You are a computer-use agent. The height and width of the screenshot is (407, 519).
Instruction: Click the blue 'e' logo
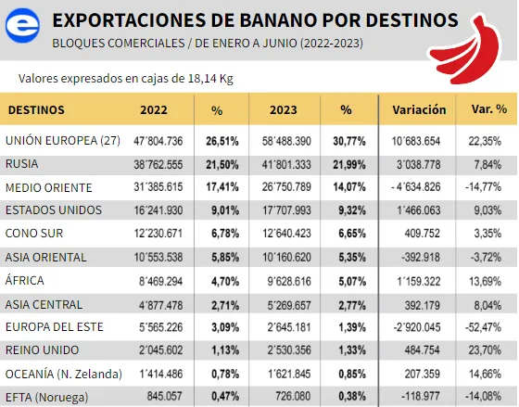[x=22, y=25]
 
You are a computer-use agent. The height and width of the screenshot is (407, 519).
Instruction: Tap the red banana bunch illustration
[x=466, y=49]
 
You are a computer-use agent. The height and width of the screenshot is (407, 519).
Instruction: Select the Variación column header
[x=419, y=109]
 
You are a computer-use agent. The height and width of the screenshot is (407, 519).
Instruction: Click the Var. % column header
[x=489, y=109]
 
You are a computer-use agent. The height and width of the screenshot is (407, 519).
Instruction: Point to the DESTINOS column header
[x=36, y=109]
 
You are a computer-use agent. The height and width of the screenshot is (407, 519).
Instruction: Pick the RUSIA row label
[x=22, y=164]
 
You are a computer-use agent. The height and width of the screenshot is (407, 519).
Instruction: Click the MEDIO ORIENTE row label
[x=48, y=187]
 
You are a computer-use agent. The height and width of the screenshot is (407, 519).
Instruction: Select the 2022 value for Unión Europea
[x=158, y=141]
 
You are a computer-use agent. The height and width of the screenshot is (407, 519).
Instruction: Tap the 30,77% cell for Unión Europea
[x=349, y=142]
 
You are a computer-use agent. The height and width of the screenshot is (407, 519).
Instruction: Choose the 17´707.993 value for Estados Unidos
[x=286, y=210]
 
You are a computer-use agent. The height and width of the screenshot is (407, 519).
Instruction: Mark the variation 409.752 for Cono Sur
[x=423, y=234]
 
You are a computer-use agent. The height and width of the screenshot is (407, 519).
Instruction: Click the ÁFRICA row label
[x=24, y=280]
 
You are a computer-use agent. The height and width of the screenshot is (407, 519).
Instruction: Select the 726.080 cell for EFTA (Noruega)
[x=293, y=396]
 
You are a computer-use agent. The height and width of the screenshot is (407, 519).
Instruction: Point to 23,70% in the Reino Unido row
[x=485, y=350]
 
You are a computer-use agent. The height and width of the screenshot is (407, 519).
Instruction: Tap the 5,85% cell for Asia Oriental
[x=225, y=258]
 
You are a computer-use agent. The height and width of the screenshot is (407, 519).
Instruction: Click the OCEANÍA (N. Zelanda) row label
[x=64, y=374]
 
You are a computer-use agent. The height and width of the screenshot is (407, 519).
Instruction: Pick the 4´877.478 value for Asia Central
[x=161, y=305]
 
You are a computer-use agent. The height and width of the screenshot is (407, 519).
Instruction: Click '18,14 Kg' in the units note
[x=210, y=79]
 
